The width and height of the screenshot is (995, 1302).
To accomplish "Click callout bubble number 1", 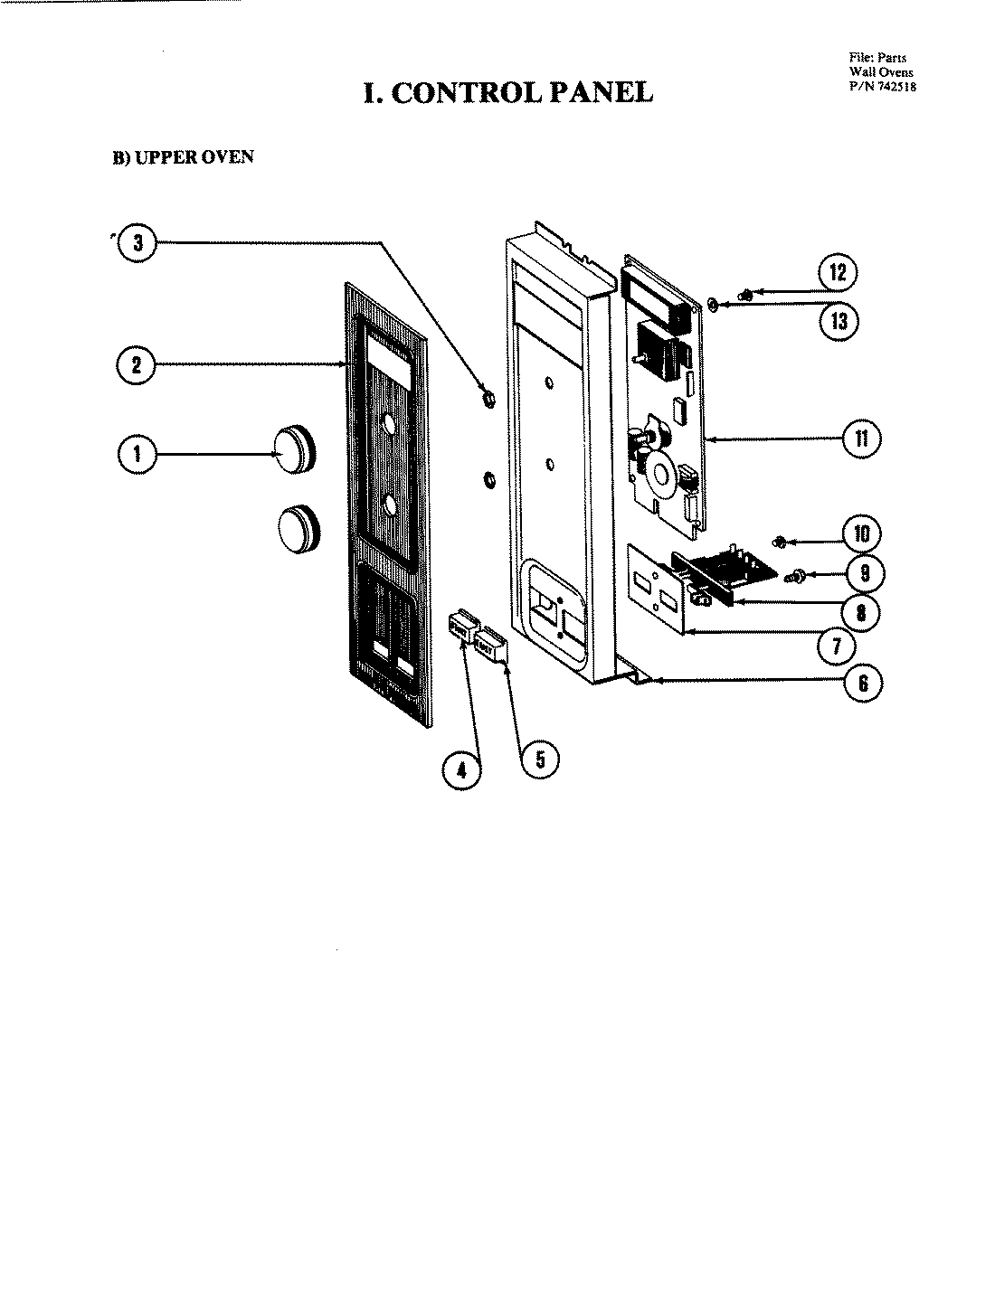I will [137, 453].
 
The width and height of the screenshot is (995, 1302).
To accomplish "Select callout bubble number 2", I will [136, 364].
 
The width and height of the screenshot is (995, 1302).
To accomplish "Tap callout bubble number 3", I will [137, 242].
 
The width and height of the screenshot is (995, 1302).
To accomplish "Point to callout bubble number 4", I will [461, 769].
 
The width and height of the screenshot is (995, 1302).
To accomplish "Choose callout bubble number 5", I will [539, 759].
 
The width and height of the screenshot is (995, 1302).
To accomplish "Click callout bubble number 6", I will [862, 684].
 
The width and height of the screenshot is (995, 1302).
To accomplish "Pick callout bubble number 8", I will [860, 612].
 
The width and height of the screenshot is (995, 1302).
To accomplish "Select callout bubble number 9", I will [865, 573].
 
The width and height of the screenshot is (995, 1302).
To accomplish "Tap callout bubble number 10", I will [860, 533].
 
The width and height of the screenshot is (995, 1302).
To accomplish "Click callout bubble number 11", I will [860, 438].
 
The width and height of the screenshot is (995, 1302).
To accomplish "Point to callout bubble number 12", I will [838, 272].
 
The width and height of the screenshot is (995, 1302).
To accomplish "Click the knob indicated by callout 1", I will [294, 449].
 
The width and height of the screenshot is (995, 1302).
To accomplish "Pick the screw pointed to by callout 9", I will [797, 574].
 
